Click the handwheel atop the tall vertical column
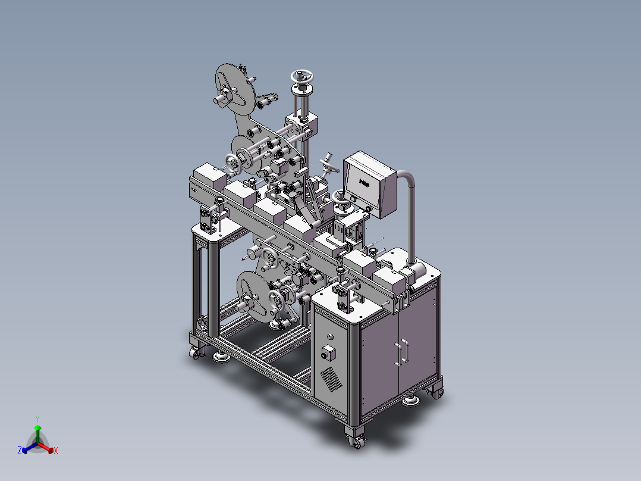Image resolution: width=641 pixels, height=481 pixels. coord(301,77)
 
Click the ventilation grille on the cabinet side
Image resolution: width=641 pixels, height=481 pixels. coord(329,378)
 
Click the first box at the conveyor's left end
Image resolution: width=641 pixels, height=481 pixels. coord(210,176)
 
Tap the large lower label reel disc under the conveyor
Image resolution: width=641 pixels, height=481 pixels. coord(252,295)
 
